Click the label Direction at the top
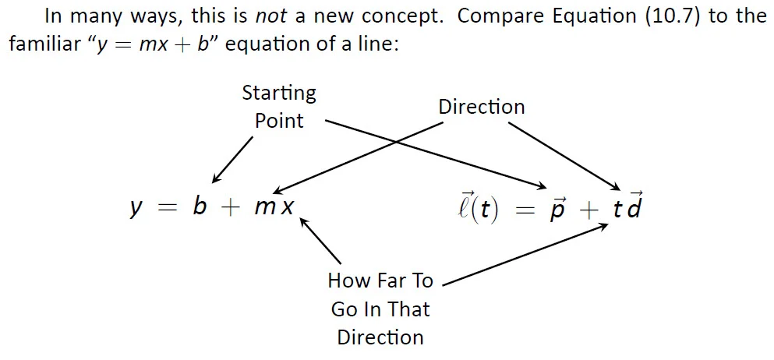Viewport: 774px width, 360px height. point(481,107)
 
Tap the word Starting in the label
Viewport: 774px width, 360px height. point(279,94)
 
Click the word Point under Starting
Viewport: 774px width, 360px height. point(279,122)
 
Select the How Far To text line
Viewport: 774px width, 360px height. point(380,281)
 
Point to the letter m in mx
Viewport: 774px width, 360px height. point(264,209)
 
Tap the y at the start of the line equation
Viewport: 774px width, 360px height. point(136,210)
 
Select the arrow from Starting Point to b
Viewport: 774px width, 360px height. point(232,159)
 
